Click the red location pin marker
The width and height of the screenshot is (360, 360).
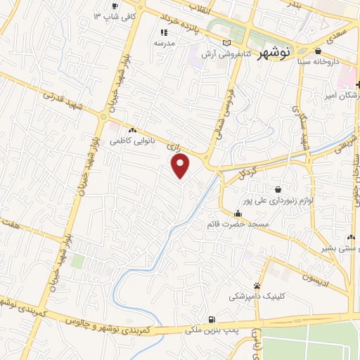(x=181, y=166)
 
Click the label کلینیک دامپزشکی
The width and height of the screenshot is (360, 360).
(x=257, y=297)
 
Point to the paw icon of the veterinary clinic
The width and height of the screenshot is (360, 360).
(x=257, y=286)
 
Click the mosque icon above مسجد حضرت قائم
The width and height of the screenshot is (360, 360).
(x=238, y=214)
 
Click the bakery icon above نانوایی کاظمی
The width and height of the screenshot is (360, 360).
(x=131, y=130)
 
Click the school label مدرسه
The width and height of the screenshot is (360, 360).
(x=165, y=43)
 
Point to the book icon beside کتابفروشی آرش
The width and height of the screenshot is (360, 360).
(x=226, y=44)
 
